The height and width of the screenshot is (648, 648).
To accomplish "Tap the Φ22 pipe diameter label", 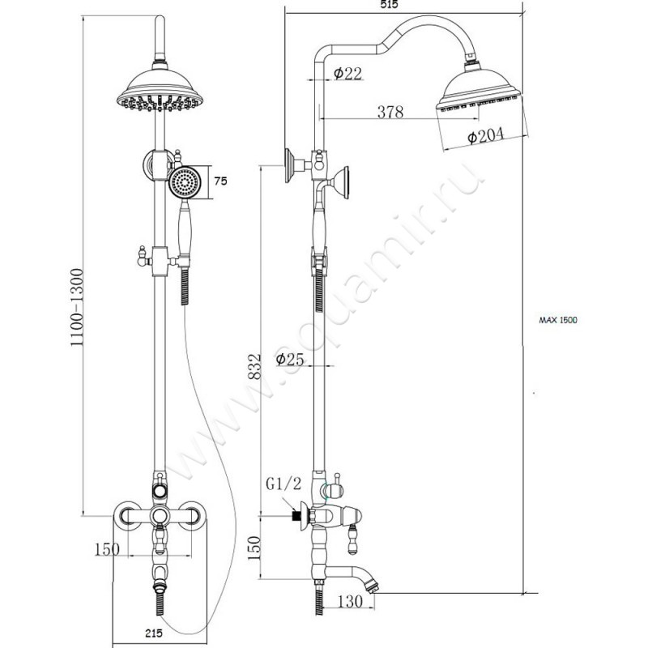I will point(347,74).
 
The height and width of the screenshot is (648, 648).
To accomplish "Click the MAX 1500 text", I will point(558,321).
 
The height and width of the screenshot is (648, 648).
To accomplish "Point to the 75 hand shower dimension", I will point(220,181).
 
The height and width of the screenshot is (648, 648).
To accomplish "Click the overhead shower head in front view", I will point(160,91).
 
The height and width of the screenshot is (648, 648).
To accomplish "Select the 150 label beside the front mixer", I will point(106,549).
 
